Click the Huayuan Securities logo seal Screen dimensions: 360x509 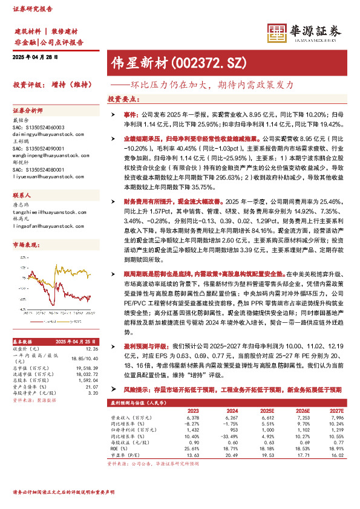tap(277, 32)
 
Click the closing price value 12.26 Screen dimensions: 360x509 tap(91, 331)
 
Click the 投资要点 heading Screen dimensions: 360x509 tap(120, 99)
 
